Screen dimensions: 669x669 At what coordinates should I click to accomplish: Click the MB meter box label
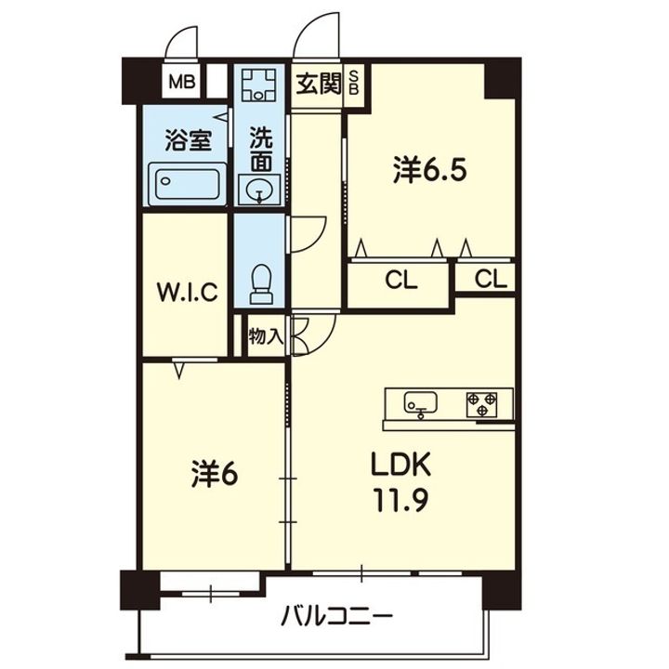pos(182,82)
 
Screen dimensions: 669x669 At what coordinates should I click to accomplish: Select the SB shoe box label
pos(354,83)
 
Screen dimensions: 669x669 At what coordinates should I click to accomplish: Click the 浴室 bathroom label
pos(189,140)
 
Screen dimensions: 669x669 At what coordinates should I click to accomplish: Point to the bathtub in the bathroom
pos(188,184)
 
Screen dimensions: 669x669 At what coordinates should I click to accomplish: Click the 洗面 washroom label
pos(261,149)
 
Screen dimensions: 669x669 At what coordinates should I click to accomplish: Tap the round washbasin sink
pos(259,189)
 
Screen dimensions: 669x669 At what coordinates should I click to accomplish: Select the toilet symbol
pos(261,283)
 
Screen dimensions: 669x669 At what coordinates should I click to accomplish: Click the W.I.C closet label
pos(188,293)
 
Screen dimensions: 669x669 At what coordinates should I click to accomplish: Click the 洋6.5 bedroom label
pos(429,170)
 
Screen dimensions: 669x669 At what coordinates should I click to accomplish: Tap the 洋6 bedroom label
pos(215,474)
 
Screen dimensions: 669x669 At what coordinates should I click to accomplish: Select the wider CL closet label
pos(401,282)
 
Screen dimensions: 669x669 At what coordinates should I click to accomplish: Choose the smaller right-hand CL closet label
pos(491,280)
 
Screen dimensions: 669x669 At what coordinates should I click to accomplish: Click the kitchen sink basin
pos(421,402)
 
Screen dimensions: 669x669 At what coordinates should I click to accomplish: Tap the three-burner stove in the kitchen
pos(481,404)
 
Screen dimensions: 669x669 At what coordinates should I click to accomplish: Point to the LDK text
pos(400,466)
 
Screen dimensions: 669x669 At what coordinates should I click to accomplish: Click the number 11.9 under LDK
pos(401,500)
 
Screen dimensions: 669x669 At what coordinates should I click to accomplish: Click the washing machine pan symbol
pos(258,85)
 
